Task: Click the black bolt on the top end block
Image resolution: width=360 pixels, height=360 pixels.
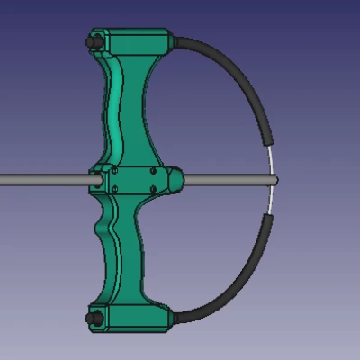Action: tap(92, 42)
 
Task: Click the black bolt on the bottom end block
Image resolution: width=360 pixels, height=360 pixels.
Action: tap(92, 317)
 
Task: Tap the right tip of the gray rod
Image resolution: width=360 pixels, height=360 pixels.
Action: tap(272, 180)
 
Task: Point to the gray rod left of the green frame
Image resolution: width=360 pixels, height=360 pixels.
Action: tap(45, 180)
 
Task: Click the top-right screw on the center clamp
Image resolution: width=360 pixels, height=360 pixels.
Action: tap(154, 169)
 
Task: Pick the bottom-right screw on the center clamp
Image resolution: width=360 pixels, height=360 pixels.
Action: tap(154, 191)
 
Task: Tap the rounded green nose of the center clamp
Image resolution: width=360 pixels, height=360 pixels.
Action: tap(177, 180)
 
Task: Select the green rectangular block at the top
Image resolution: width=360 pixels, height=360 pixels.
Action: tap(135, 41)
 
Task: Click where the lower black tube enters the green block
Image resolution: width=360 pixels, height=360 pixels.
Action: tap(173, 316)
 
